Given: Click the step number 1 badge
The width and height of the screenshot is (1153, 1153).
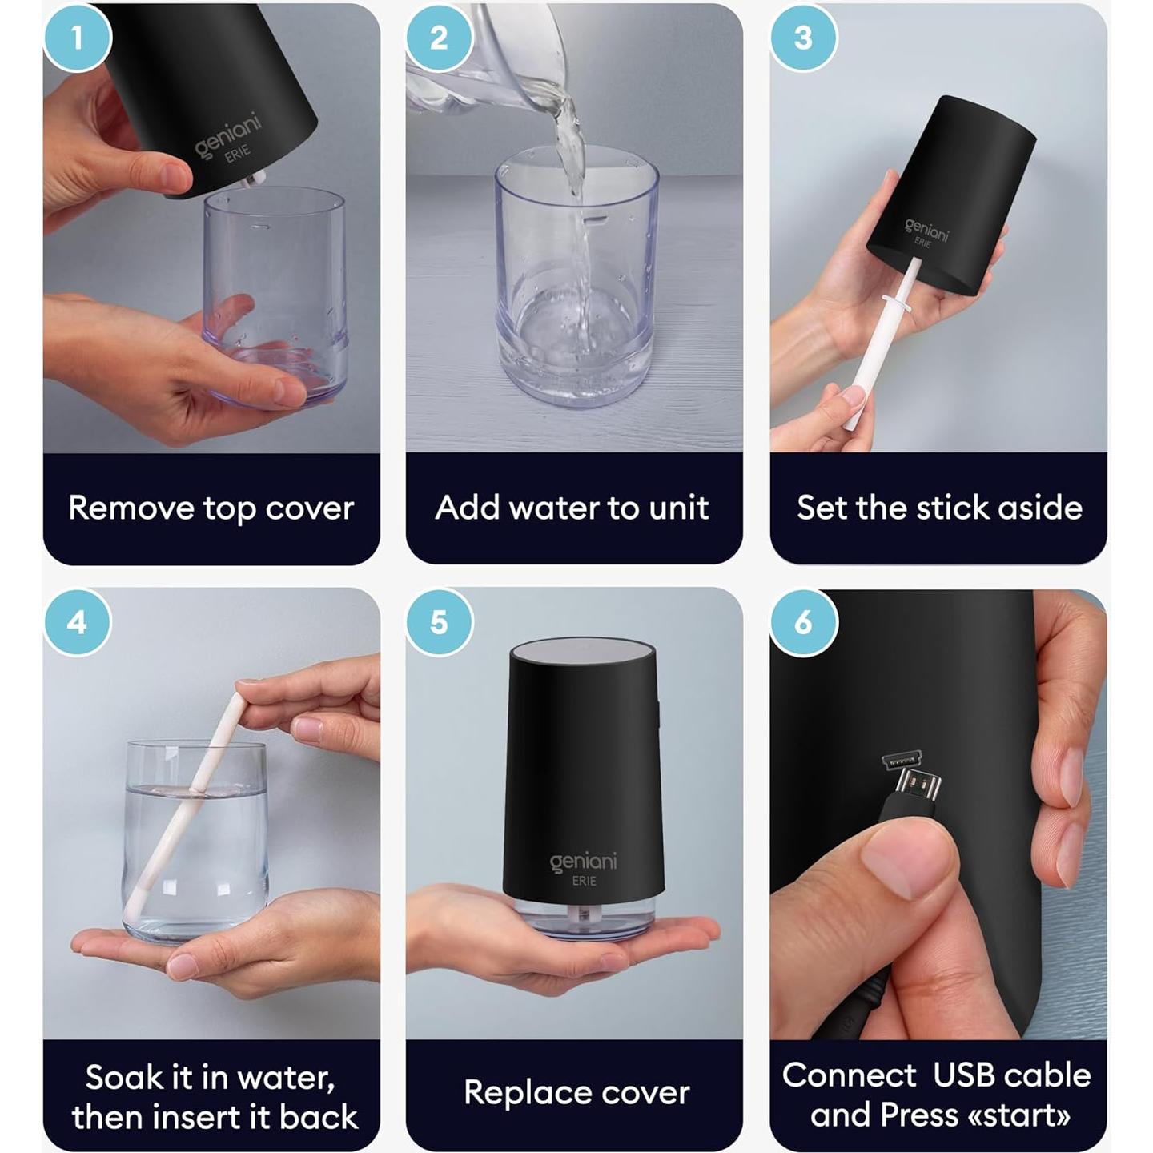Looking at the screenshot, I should coord(77,38).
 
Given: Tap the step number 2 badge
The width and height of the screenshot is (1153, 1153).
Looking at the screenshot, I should coord(439,38).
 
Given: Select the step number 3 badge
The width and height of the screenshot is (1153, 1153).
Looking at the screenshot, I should coord(803,38).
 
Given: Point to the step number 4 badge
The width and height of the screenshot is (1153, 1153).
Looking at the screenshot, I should coord(77,622).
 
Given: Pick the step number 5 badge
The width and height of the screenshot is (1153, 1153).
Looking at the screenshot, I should coord(439,622).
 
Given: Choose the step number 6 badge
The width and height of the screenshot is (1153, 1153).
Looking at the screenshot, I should coord(803,622).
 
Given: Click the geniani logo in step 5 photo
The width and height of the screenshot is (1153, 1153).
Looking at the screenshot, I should coord(583,862).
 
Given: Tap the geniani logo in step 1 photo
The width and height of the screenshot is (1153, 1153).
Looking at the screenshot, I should coord(228,134).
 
